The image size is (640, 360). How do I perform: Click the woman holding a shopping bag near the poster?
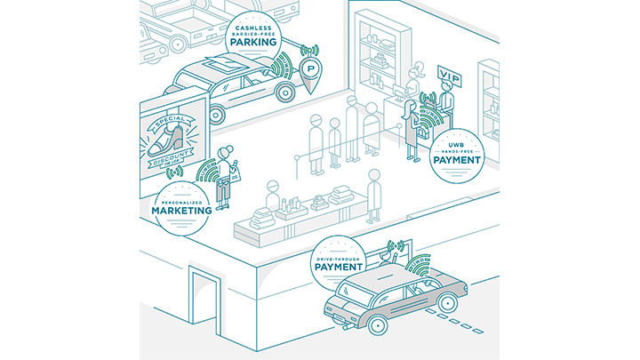click(226, 175)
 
